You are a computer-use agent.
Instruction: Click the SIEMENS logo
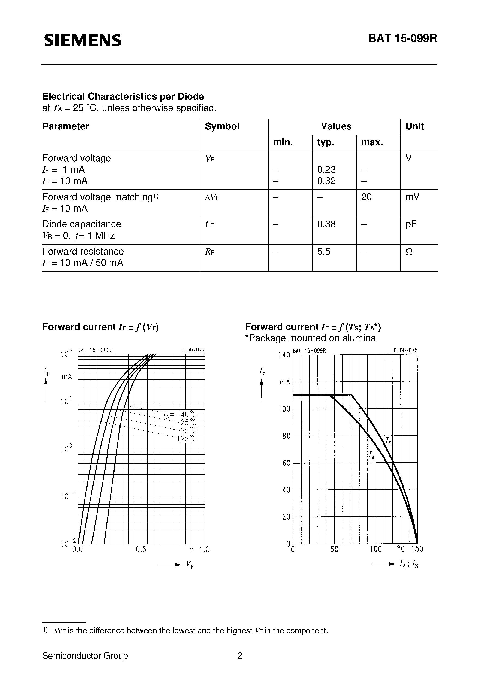pos(82,40)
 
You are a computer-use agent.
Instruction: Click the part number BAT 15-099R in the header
pos(403,38)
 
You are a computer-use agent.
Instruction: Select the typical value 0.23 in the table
pos(326,170)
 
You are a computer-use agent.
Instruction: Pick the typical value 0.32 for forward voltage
pos(326,181)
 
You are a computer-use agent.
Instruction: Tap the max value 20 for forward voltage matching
pos(366,197)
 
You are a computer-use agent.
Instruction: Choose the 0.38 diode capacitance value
pos(326,224)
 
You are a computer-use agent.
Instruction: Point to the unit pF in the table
pos(411,224)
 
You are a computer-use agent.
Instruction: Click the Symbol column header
pos(222,126)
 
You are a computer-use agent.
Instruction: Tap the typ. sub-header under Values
pos(326,142)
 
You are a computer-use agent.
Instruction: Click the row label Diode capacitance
pos(82,224)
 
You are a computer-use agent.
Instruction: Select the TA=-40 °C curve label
pos(180,414)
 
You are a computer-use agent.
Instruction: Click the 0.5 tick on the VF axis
pos(141,549)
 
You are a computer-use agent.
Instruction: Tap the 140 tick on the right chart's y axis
pos(284,355)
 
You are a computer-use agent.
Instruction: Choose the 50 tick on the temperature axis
pos(334,549)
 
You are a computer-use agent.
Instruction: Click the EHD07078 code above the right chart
pos(405,350)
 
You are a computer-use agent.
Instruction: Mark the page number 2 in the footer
pos(240,656)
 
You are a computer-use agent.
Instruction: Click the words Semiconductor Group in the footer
pos(85,656)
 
